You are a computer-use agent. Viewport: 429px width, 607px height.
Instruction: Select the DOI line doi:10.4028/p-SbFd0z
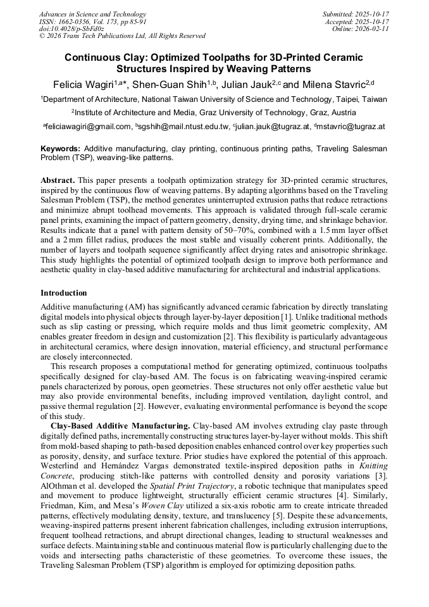click(x=71, y=28)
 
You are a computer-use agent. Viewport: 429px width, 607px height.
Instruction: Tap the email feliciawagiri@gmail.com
click(x=88, y=127)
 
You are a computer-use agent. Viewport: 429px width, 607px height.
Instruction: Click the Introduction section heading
click(x=64, y=293)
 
